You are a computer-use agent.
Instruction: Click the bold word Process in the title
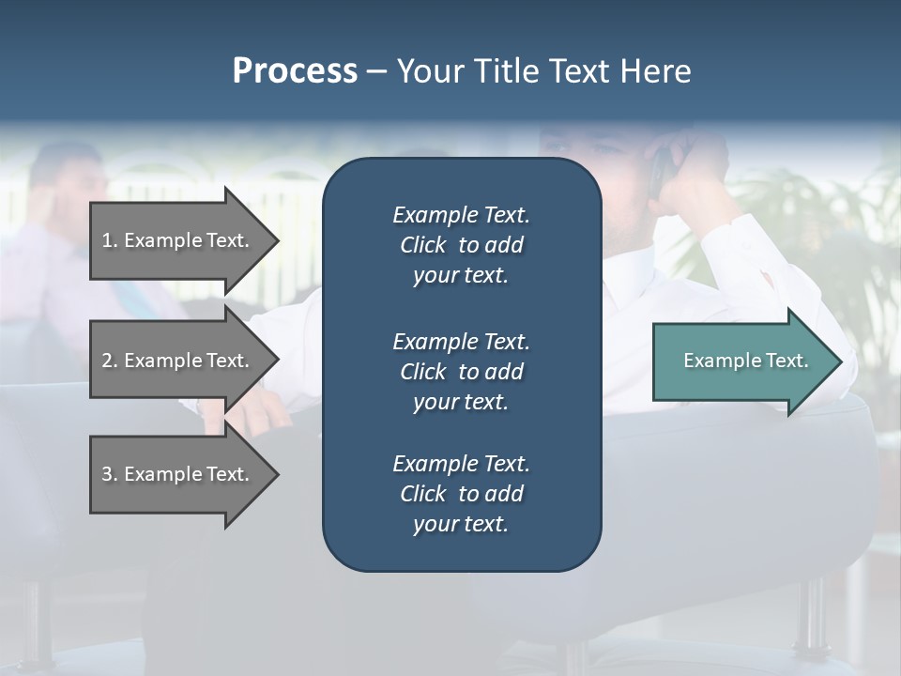pyautogui.click(x=295, y=71)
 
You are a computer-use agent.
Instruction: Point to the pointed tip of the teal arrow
pyautogui.click(x=841, y=361)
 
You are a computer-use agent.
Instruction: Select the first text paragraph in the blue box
pyautogui.click(x=461, y=245)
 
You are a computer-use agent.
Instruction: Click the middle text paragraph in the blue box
pyautogui.click(x=461, y=372)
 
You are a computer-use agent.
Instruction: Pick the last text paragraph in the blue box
pyautogui.click(x=461, y=494)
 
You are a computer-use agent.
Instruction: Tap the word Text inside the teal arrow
pyautogui.click(x=787, y=361)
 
